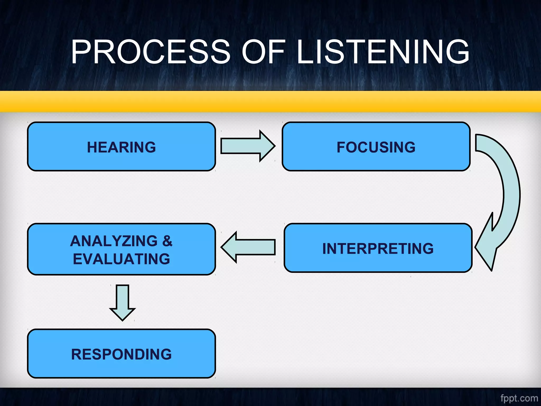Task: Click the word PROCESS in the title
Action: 151,52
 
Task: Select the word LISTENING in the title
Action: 383,52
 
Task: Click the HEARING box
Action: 121,147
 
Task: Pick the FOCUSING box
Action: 376,147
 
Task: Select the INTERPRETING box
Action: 378,248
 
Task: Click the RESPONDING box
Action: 121,354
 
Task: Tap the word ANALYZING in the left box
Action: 114,241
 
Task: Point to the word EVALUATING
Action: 121,259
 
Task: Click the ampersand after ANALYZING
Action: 167,241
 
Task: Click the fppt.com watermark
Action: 519,398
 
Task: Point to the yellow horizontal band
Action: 270,101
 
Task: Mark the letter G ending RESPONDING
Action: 166,354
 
